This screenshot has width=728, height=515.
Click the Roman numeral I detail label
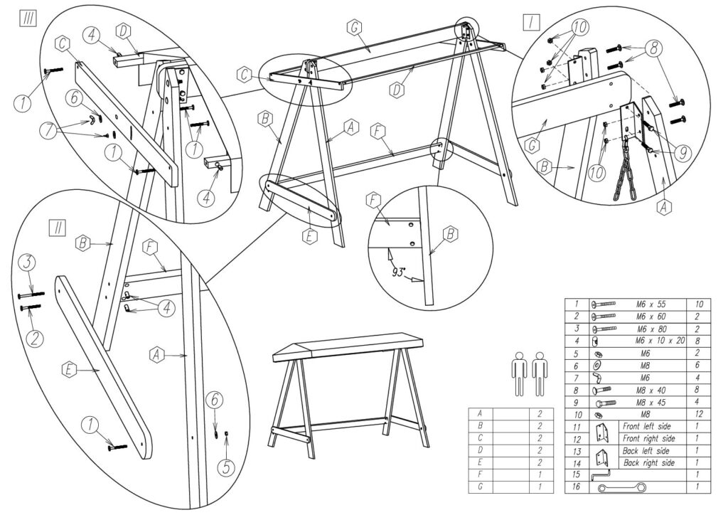(530, 22)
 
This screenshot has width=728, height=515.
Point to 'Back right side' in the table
(649, 463)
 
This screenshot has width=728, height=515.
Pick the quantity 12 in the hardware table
(697, 414)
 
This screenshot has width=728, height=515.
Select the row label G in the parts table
(479, 487)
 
